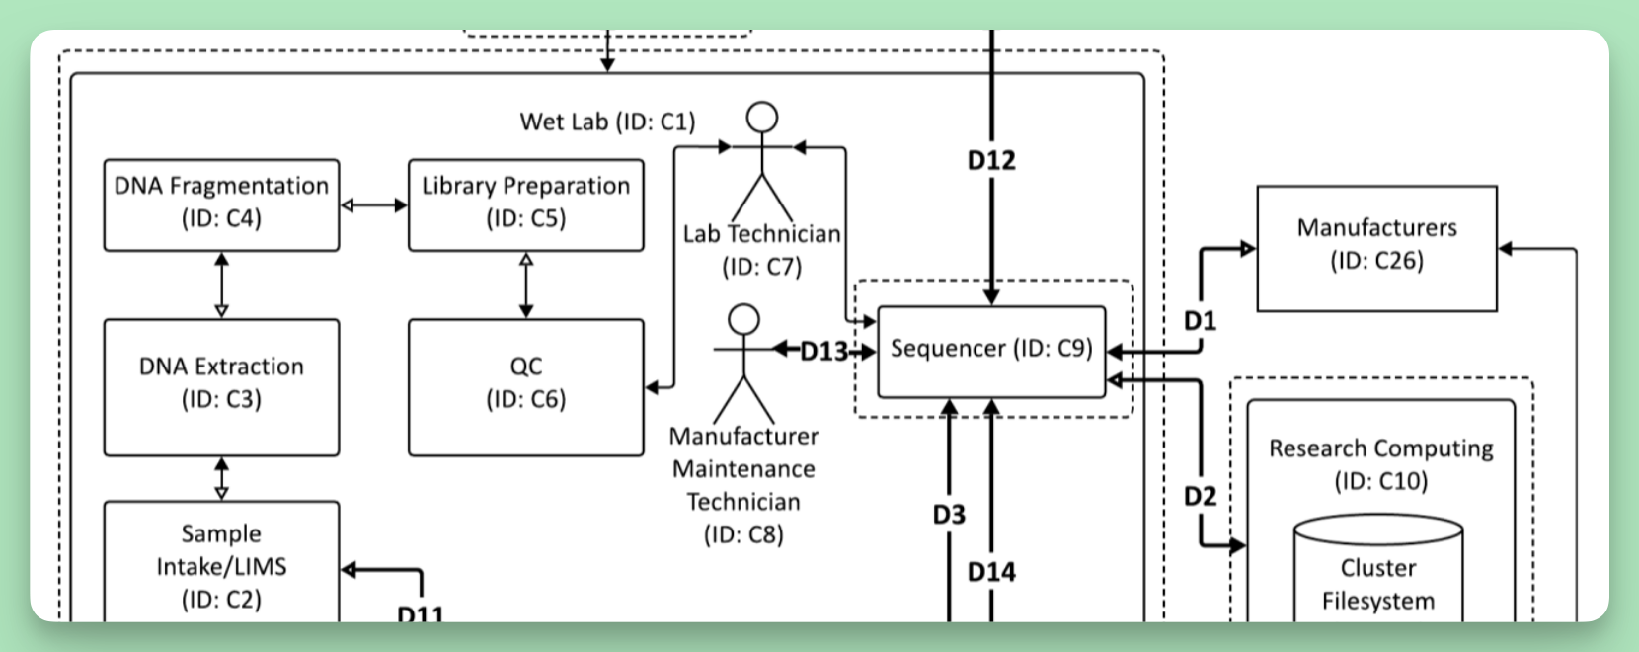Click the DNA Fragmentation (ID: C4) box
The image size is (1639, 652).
(222, 205)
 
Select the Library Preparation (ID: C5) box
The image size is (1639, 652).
(526, 205)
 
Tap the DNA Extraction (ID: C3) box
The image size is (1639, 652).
(222, 388)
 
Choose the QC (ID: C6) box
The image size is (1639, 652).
(526, 388)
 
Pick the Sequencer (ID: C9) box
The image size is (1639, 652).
(991, 352)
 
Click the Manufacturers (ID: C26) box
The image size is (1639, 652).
(1377, 249)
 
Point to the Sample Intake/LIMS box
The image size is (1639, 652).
(222, 561)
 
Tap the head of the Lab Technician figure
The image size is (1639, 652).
(761, 118)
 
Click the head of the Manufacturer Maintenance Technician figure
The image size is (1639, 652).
(743, 319)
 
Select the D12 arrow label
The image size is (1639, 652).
(991, 160)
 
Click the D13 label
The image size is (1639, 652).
(823, 352)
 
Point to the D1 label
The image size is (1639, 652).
(1200, 320)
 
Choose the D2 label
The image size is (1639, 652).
(1200, 496)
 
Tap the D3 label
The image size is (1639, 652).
(949, 515)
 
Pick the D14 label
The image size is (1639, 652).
(991, 572)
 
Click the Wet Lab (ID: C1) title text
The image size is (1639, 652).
(607, 122)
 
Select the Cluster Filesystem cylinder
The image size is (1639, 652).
(1378, 568)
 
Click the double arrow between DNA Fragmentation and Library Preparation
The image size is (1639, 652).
(374, 205)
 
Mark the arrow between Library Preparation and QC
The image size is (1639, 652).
(526, 285)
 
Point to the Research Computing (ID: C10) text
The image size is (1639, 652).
(1380, 464)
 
